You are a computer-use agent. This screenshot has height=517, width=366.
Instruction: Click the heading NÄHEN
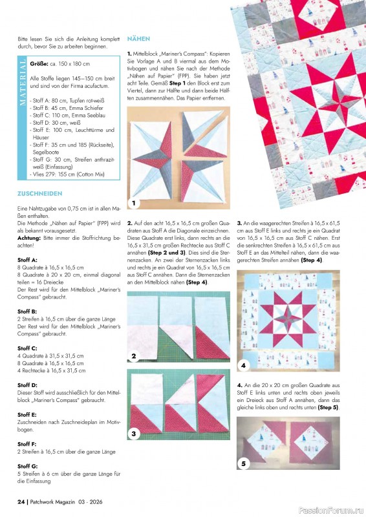point(140,39)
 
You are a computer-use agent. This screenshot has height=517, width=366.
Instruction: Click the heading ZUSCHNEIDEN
point(40,193)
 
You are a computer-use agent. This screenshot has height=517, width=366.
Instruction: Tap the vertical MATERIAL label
point(23,81)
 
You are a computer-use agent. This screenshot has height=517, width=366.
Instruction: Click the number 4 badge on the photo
point(243,366)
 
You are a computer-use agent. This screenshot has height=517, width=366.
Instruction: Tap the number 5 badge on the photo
point(243,463)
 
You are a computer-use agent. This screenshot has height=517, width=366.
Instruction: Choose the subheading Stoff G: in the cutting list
point(27,466)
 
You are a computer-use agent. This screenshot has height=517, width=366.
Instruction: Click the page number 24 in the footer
point(21,502)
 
